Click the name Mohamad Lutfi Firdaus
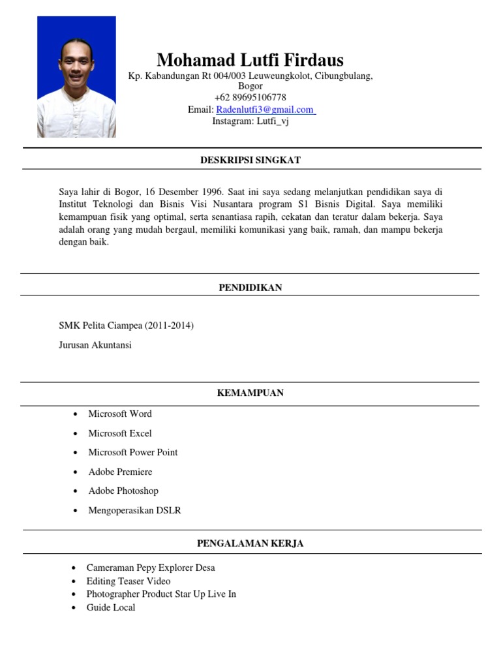click(x=250, y=61)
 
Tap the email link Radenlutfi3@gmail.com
click(x=265, y=110)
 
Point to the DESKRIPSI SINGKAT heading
click(x=250, y=160)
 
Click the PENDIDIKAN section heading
click(x=250, y=288)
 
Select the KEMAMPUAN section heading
click(x=250, y=393)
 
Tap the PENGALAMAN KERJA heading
click(x=250, y=543)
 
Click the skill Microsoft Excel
click(x=120, y=433)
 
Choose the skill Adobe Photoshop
click(x=123, y=491)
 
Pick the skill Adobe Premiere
click(x=120, y=472)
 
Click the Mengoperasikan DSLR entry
click(x=134, y=510)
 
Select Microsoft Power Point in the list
click(x=133, y=452)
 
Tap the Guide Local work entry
click(x=111, y=607)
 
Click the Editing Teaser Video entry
click(x=129, y=581)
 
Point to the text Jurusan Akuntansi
click(x=95, y=345)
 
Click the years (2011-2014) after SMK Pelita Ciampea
click(x=169, y=326)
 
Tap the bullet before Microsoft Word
click(x=76, y=414)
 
